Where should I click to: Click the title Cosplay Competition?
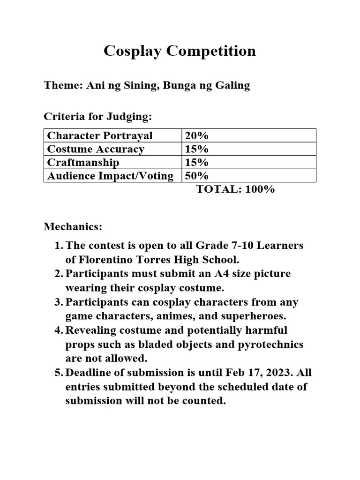click(x=180, y=51)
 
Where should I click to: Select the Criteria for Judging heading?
click(x=97, y=116)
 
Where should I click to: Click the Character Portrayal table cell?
click(x=100, y=136)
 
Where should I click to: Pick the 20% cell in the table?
click(x=197, y=136)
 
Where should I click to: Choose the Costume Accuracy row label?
click(x=96, y=149)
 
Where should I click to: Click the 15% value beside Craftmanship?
click(x=197, y=162)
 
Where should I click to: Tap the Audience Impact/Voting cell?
click(x=110, y=176)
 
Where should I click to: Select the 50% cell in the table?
click(x=197, y=176)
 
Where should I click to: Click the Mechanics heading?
click(x=73, y=227)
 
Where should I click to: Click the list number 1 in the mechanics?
click(x=58, y=246)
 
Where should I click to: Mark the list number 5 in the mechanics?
click(x=58, y=373)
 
